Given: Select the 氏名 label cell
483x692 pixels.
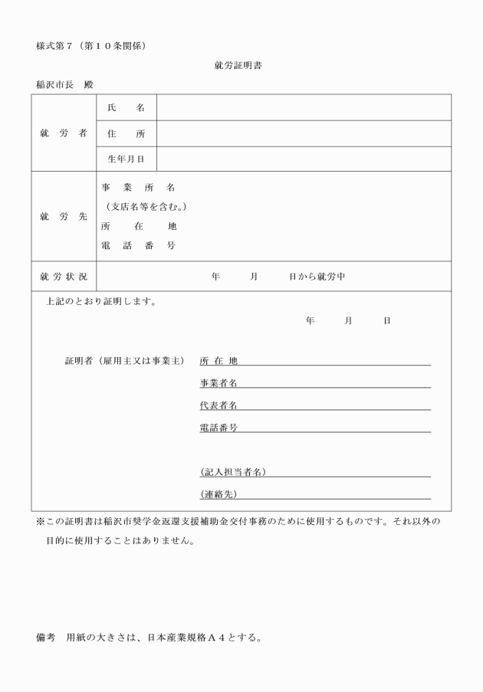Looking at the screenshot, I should click(126, 108).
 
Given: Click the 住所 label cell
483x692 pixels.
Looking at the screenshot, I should click(126, 133).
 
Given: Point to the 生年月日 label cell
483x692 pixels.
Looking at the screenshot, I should click(126, 159).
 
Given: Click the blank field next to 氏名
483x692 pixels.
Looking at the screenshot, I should click(304, 108).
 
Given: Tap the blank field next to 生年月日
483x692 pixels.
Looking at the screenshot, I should click(304, 159).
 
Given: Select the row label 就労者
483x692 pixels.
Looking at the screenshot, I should click(64, 133).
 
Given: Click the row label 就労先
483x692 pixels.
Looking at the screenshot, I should click(64, 216).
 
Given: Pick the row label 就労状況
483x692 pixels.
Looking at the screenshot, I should click(64, 276).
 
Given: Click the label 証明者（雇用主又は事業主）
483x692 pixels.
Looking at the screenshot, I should click(126, 361).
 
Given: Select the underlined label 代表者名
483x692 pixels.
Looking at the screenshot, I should click(219, 405).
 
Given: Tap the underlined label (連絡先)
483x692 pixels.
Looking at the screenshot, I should click(219, 494).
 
